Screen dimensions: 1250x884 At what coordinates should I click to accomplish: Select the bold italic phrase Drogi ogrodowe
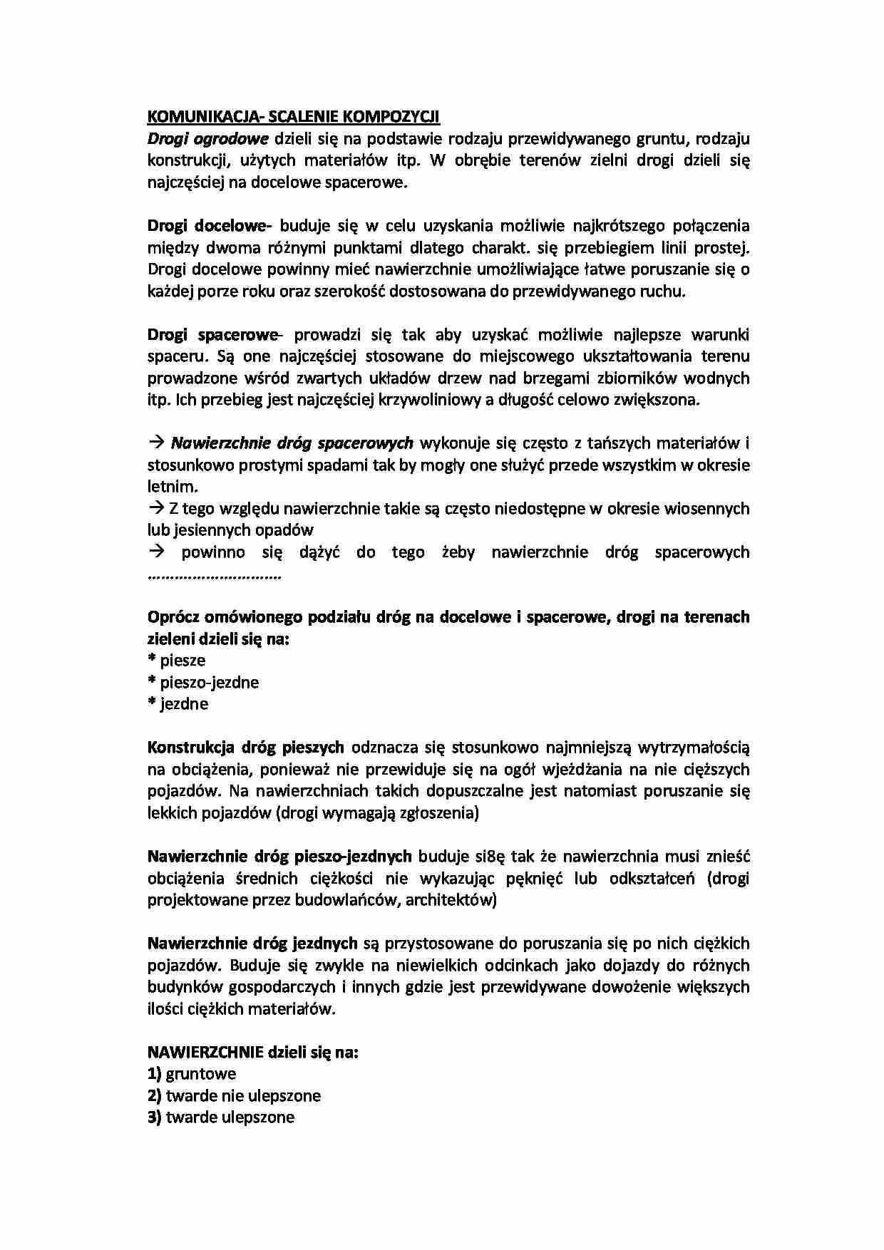pyautogui.click(x=207, y=138)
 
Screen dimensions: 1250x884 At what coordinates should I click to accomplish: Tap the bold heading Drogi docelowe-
pyautogui.click(x=210, y=226)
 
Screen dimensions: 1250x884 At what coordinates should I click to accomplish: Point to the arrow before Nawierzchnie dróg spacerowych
pyautogui.click(x=157, y=443)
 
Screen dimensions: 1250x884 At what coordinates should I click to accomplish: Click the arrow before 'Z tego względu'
pyautogui.click(x=157, y=509)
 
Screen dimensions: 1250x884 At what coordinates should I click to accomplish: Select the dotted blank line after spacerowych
pyautogui.click(x=215, y=575)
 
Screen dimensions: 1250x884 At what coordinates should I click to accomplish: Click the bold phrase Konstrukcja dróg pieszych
pyautogui.click(x=245, y=748)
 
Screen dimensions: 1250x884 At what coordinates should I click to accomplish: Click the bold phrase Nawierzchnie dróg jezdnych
pyautogui.click(x=252, y=944)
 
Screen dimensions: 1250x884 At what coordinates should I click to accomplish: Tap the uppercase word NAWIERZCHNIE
pyautogui.click(x=205, y=1053)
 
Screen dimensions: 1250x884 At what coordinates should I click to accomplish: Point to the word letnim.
pyautogui.click(x=171, y=487)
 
